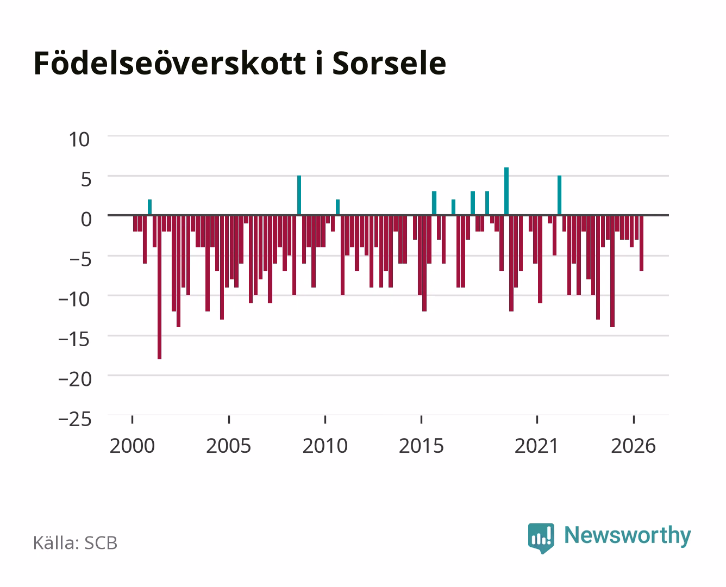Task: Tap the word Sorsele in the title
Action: pos(389,64)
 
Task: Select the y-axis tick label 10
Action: pos(79,140)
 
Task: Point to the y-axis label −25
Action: pos(75,419)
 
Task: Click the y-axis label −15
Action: pos(74,339)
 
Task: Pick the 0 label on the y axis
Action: pos(86,219)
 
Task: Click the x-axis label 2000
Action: pos(132,446)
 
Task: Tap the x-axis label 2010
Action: pos(325,446)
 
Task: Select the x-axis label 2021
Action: pos(536,446)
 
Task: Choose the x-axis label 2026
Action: pos(633,446)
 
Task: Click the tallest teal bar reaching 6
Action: pos(506,191)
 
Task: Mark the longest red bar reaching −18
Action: pos(160,287)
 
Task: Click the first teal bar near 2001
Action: pos(149,207)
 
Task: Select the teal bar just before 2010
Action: pos(299,195)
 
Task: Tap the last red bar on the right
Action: pos(641,243)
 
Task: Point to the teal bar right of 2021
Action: pos(559,195)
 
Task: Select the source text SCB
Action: pos(101,543)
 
